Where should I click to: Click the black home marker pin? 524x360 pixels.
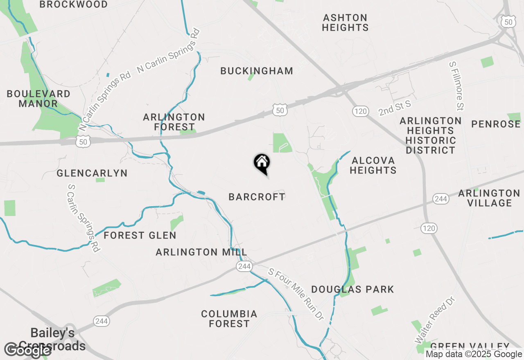(x=262, y=164)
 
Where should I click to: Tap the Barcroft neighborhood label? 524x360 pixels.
(x=257, y=197)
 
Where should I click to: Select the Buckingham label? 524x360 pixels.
(x=257, y=71)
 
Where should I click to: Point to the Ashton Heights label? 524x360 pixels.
(x=345, y=22)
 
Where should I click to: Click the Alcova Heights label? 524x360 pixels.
(x=373, y=165)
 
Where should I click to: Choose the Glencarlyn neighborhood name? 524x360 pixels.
(x=92, y=173)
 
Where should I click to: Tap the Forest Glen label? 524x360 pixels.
(x=140, y=235)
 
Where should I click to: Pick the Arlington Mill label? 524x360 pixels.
(x=201, y=252)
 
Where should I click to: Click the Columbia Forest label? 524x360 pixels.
(x=229, y=319)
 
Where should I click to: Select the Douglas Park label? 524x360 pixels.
(x=352, y=289)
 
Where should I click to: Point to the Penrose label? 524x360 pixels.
(x=496, y=124)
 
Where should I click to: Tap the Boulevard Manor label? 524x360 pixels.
(x=38, y=99)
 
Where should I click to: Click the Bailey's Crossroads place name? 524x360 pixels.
(x=52, y=339)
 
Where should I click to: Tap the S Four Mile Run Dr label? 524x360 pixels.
(x=296, y=294)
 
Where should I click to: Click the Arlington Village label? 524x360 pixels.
(x=489, y=198)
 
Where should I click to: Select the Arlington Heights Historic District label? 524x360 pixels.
(x=430, y=135)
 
